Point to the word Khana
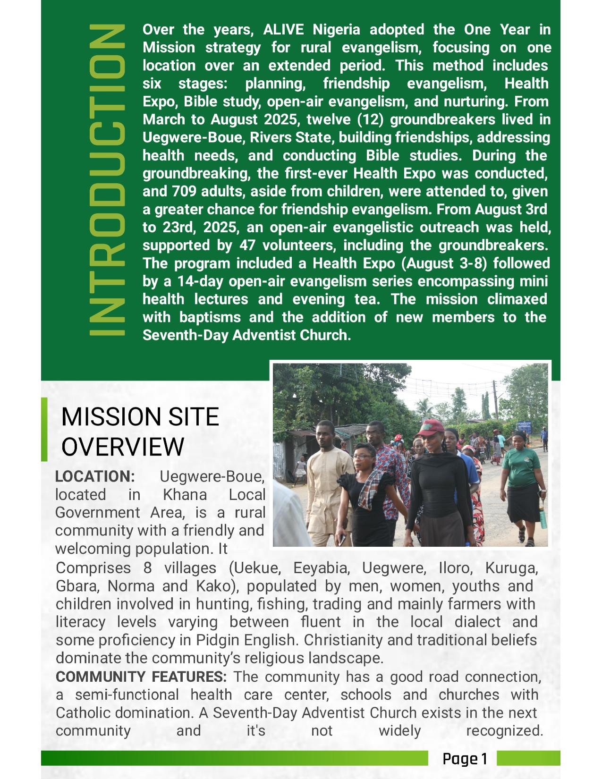[185, 495]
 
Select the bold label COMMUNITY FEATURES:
[141, 677]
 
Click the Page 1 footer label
[464, 759]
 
